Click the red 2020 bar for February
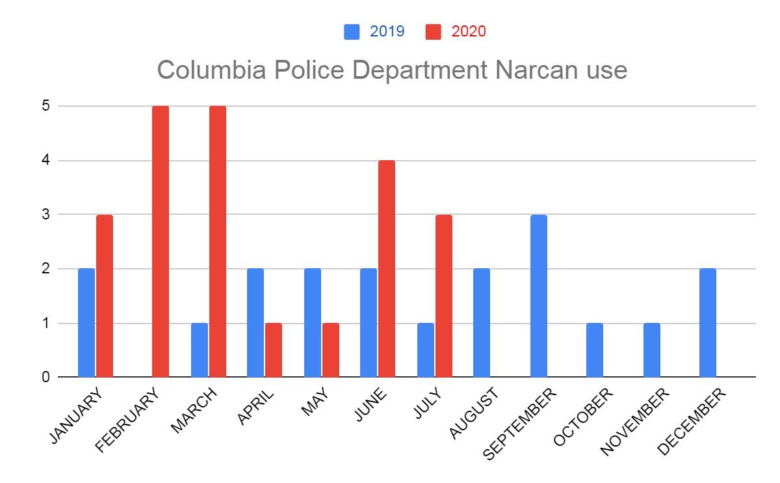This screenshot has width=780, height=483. click(161, 241)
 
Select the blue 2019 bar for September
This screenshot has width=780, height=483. click(539, 296)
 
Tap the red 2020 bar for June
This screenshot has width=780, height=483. click(387, 268)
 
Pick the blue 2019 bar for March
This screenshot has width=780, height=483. click(200, 350)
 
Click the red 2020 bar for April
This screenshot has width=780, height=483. click(274, 350)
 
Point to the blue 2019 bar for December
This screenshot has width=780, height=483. click(708, 323)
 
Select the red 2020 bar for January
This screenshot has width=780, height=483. click(105, 296)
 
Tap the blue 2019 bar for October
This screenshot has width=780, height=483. click(595, 350)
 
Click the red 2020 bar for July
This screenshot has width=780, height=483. click(444, 296)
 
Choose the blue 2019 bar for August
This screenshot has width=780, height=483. click(482, 323)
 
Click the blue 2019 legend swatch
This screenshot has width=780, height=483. click(352, 31)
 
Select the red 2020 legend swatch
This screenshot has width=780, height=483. click(433, 31)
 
